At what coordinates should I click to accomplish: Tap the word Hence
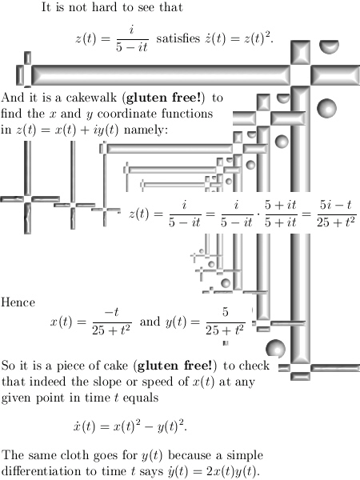pos(18,302)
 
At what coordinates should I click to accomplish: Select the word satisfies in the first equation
pos(178,38)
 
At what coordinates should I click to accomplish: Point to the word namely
pos(146,130)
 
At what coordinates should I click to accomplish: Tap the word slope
pos(98,382)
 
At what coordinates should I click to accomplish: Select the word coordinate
pos(126,114)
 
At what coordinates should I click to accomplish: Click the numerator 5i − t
pos(336,205)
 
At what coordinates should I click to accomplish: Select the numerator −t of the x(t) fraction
pos(111,312)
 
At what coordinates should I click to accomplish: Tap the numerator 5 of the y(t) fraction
pos(226,312)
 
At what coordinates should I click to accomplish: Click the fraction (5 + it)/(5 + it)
pos(281,214)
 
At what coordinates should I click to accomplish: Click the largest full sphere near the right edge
pos(326,108)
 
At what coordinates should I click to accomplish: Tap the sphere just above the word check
pos(275,348)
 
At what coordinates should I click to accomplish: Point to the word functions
pos(187,114)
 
